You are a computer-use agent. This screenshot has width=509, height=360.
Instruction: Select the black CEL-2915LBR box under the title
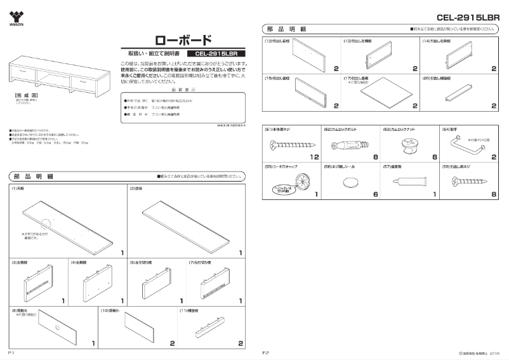click(216, 54)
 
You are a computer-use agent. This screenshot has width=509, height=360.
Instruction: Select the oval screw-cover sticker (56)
click(350, 183)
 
